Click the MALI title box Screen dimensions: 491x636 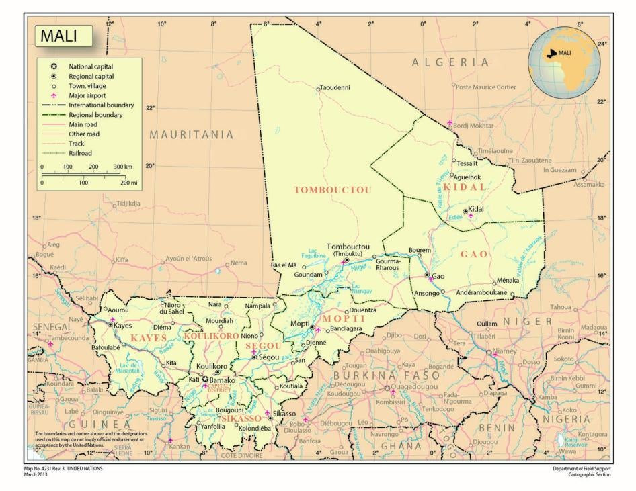tap(64, 36)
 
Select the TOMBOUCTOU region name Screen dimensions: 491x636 tap(333, 190)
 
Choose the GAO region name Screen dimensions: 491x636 tap(474, 254)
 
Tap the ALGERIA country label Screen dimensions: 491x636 tap(451, 62)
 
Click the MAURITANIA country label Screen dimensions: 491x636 tap(192, 134)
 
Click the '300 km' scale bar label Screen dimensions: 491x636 tap(122, 166)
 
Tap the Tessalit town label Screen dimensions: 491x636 tap(467, 163)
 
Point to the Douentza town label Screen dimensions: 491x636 tap(362, 311)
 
